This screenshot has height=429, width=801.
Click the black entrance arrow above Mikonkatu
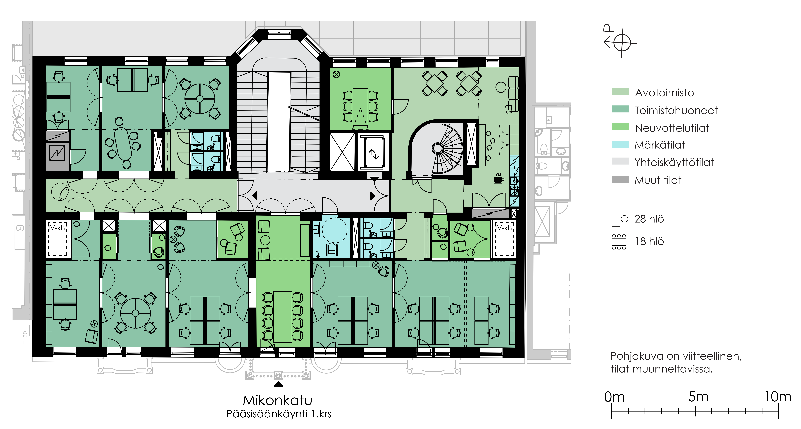(278, 385)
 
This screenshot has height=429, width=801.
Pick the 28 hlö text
(649, 219)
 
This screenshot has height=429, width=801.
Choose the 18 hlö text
(649, 241)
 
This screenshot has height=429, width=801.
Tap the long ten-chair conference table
(283, 317)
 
